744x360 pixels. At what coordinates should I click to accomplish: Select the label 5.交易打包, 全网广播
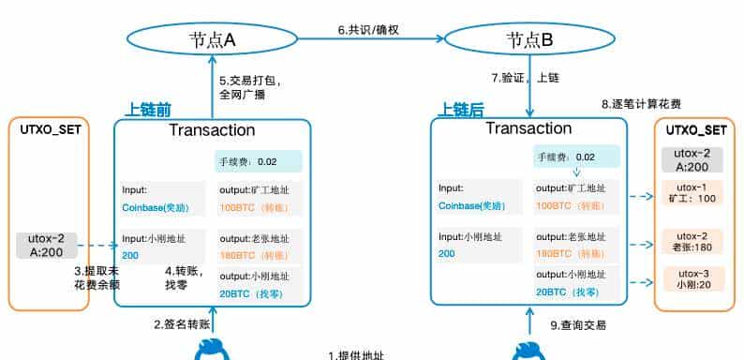coord(250,87)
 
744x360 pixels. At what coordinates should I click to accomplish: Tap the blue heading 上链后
coord(461,111)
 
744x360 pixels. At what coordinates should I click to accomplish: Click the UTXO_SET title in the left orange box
coord(51,128)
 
